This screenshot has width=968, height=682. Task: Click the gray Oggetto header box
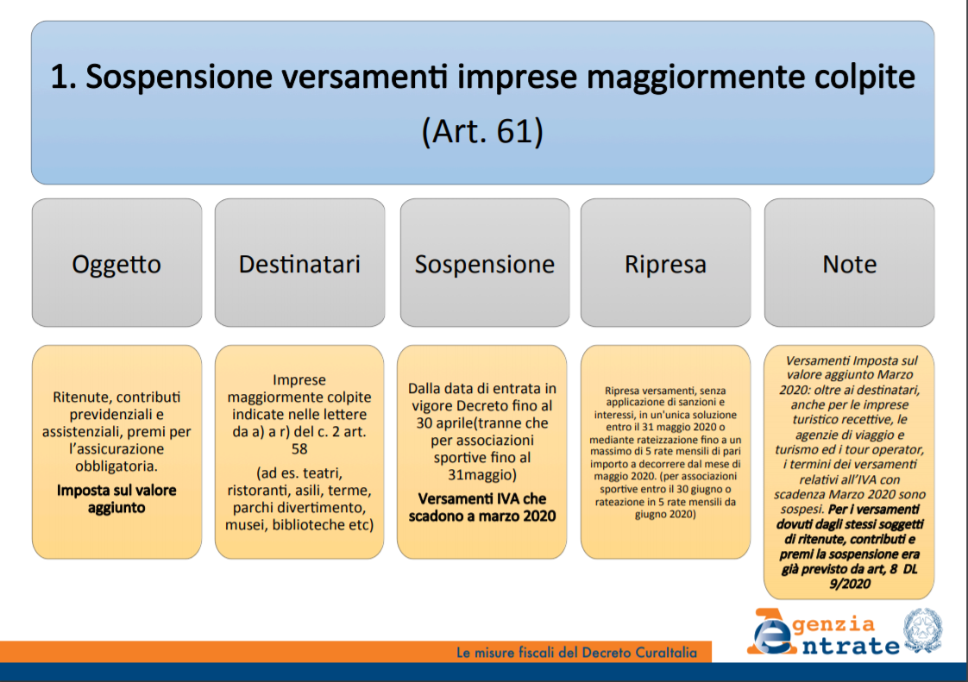(x=116, y=262)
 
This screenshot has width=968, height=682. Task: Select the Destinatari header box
(x=299, y=262)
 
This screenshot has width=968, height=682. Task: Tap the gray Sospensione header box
(x=485, y=262)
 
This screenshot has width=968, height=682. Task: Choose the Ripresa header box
(x=665, y=262)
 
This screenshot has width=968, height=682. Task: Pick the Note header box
(x=849, y=262)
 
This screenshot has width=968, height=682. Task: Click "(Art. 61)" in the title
(x=482, y=131)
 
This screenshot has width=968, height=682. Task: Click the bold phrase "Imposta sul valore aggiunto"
(x=116, y=498)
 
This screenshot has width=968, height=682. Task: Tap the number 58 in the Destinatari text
(x=299, y=448)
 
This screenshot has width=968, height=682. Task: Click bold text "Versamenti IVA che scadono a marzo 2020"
(x=482, y=507)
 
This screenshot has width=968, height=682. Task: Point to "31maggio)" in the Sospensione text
(x=482, y=474)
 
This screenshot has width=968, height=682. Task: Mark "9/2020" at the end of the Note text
(x=850, y=584)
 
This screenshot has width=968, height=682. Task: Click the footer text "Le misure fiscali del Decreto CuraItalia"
(x=576, y=653)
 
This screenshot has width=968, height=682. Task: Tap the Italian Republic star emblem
(x=923, y=629)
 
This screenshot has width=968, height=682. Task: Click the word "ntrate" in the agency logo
(x=851, y=646)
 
